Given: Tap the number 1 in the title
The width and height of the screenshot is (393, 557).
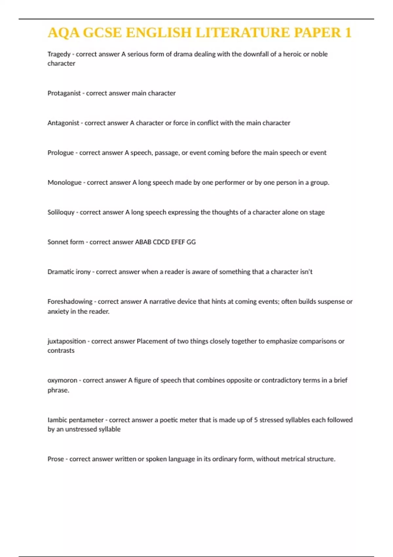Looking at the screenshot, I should coord(348,33).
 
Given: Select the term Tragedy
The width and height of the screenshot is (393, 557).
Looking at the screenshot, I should coord(59,54).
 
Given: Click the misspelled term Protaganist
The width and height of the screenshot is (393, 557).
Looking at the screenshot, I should coord(64,93).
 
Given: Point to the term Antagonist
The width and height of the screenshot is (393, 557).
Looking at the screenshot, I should coord(63,123).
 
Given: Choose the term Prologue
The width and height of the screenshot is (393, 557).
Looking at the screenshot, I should coord(61,153).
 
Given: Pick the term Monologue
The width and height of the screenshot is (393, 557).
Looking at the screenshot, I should coord(64,182).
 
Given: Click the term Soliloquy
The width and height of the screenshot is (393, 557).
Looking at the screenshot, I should coord(61,212).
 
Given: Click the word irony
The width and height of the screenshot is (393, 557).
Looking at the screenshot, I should coord(83,272).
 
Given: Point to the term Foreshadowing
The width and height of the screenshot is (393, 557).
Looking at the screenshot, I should coord(70,301).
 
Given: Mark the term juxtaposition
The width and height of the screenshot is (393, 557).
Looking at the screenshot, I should coord(66,341).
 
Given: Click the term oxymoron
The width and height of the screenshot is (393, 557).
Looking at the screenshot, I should coord(62,380).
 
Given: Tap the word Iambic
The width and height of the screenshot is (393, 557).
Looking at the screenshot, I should coord(57,420).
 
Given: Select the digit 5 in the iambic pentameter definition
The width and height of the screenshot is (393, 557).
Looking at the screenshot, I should coord(256,420).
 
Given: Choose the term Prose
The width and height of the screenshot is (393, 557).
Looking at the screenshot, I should coord(55,459).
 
